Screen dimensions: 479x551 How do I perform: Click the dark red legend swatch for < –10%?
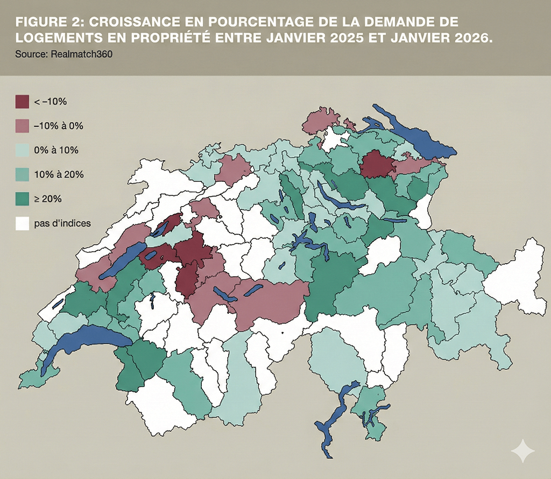[22, 101]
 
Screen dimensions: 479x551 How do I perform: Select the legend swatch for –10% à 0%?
[22, 126]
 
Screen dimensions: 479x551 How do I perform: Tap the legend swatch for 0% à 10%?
[22, 150]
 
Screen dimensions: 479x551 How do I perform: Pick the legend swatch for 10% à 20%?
[22, 174]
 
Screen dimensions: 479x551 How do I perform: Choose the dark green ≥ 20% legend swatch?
[22, 199]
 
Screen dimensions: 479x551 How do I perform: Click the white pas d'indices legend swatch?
[22, 223]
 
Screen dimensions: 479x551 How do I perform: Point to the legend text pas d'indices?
[62, 223]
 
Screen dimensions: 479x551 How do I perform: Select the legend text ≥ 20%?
[48, 199]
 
